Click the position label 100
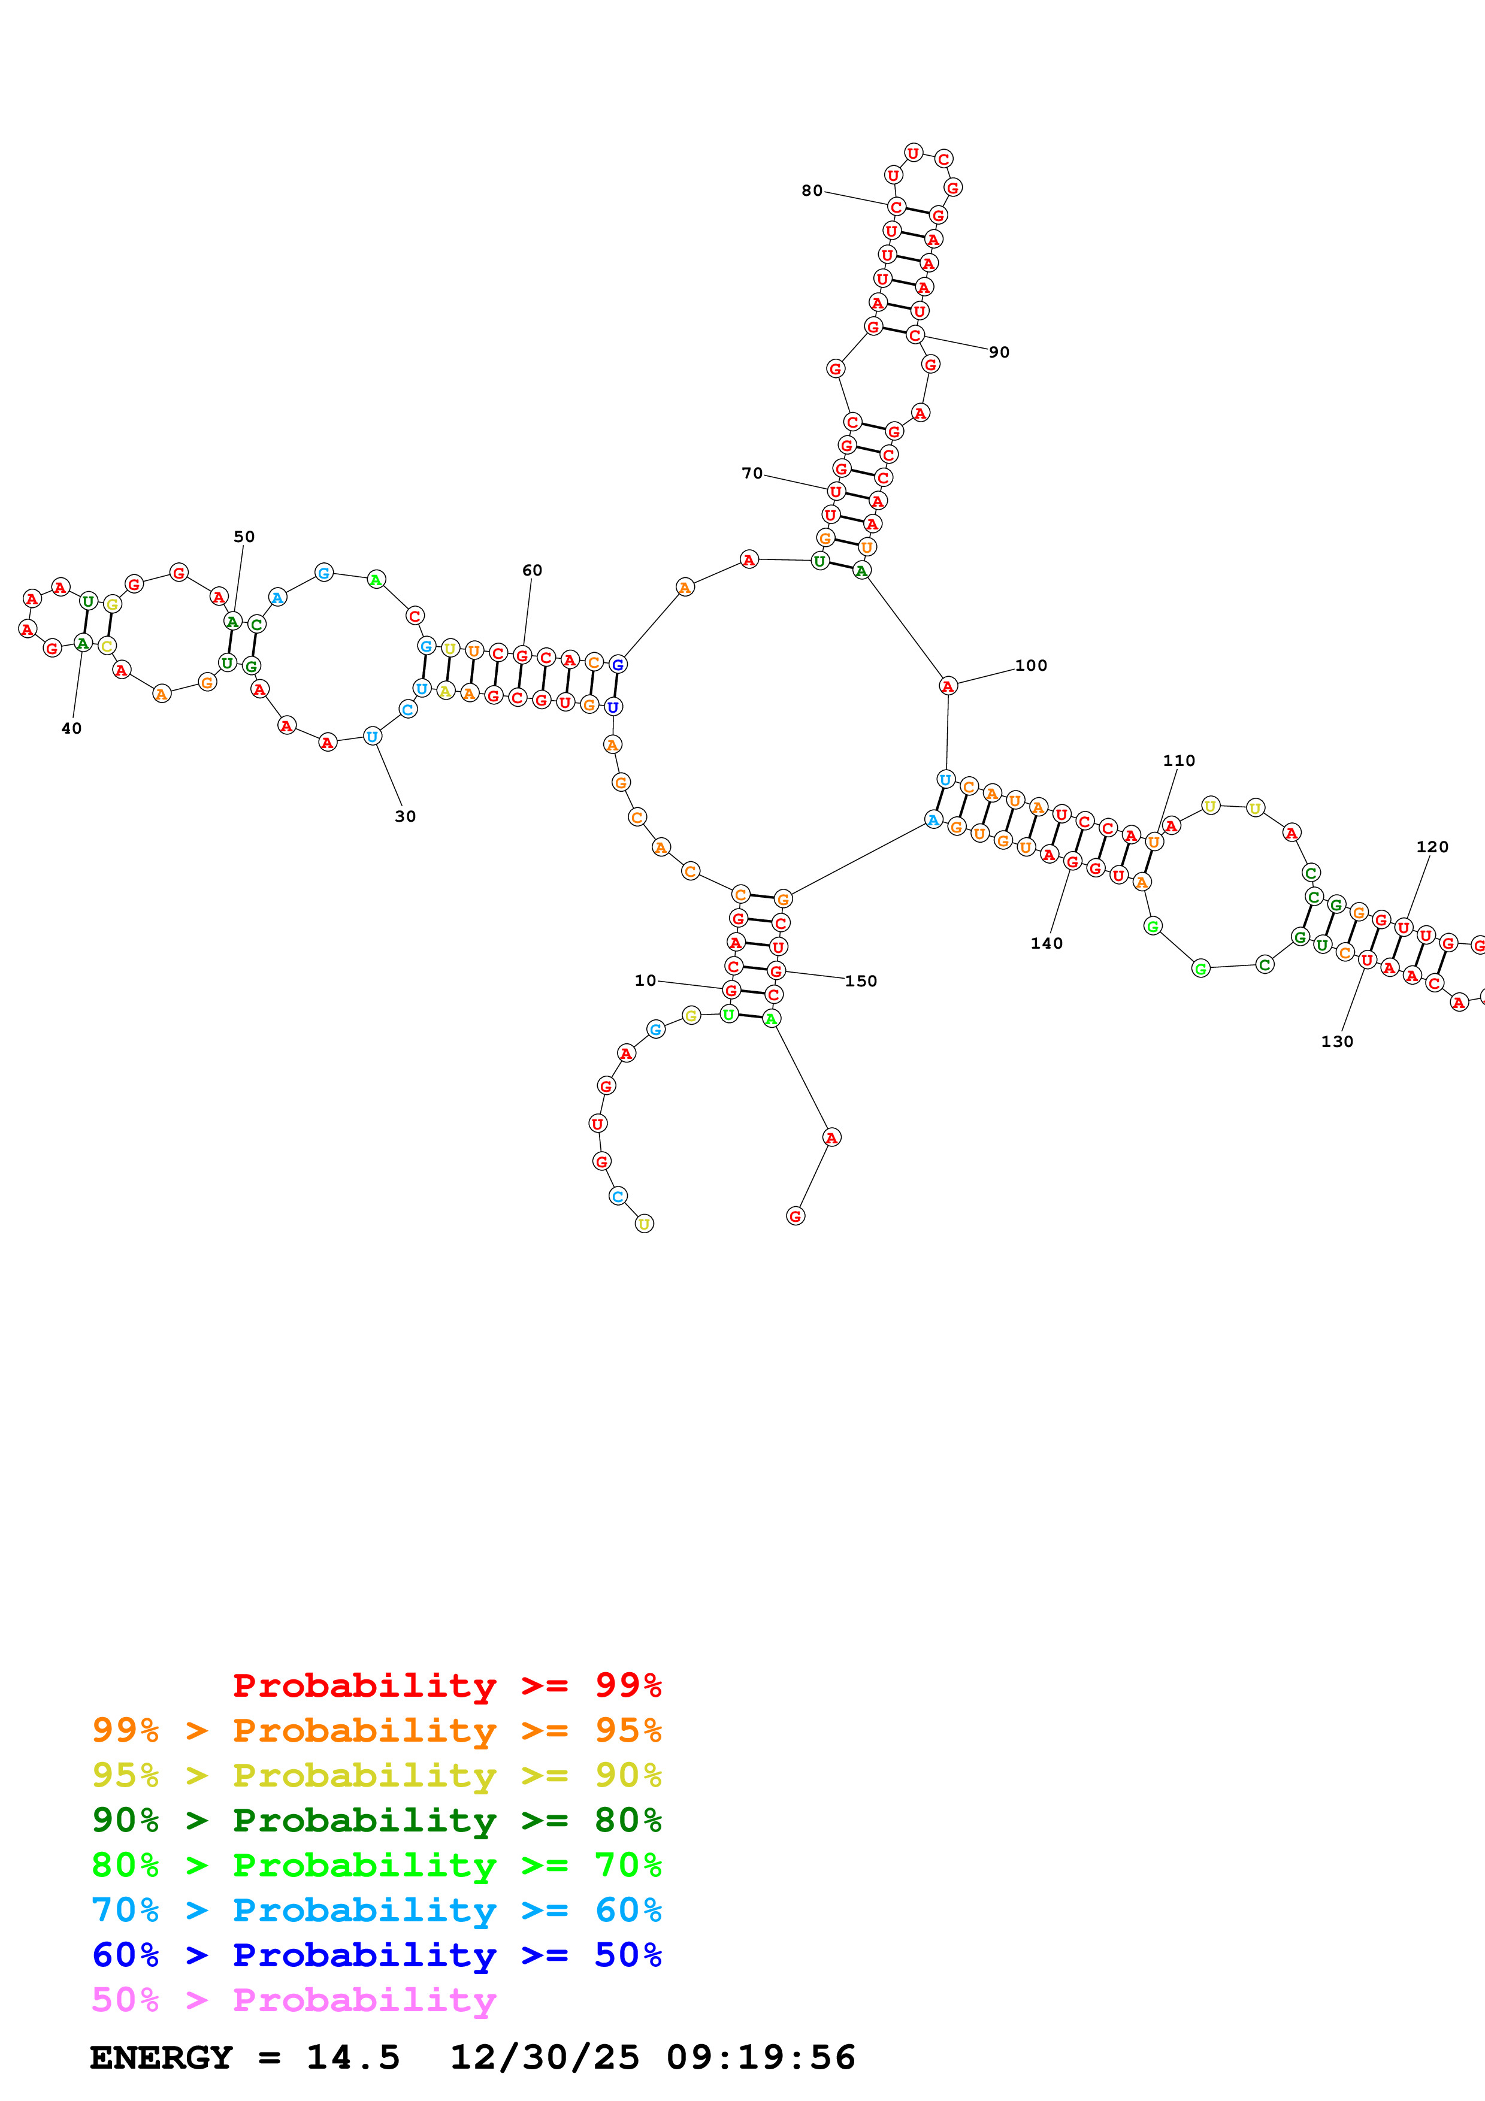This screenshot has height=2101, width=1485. pos(1030,665)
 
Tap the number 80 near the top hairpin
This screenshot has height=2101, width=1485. pos(812,190)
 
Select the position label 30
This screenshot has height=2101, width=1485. pos(406,816)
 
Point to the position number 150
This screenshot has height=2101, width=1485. pos(860,981)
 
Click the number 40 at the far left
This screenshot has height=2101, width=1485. pos(71,728)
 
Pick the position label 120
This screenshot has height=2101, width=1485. pos(1432,846)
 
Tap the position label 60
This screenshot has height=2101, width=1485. pos(531,570)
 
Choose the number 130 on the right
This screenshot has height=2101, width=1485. pos(1337,1042)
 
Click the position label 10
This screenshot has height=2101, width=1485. pos(645,980)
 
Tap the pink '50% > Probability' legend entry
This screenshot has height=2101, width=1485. pos(294,1999)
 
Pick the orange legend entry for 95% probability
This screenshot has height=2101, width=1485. pos(376,1730)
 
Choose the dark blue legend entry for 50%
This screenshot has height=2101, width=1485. pos(376,1955)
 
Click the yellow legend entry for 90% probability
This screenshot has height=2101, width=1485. pos(376,1775)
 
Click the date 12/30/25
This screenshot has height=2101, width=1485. pos(545,2057)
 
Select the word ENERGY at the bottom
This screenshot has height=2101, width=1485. pos(161,2057)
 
